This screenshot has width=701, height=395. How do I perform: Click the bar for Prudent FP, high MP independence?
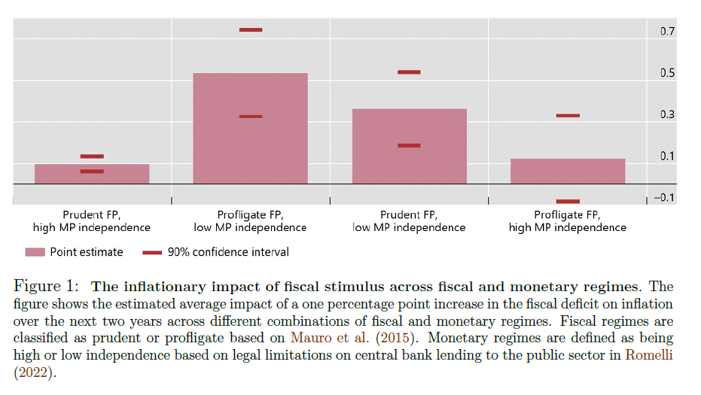pyautogui.click(x=92, y=174)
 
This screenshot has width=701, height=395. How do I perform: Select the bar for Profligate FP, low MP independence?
pyautogui.click(x=251, y=128)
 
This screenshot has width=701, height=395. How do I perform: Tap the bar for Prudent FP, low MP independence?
pyautogui.click(x=410, y=146)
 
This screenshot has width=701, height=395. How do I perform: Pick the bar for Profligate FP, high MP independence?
pyautogui.click(x=568, y=171)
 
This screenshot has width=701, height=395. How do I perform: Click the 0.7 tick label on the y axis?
pyautogui.click(x=667, y=32)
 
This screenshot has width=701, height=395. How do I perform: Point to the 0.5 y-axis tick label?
pyautogui.click(x=667, y=74)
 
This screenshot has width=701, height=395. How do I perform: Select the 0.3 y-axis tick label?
pyautogui.click(x=667, y=115)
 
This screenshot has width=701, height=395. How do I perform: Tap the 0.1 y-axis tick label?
pyautogui.click(x=667, y=156)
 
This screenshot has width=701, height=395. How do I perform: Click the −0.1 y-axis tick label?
pyautogui.click(x=664, y=198)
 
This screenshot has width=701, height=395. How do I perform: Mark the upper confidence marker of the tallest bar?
pyautogui.click(x=251, y=30)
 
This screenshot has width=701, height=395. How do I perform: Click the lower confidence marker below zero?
pyautogui.click(x=568, y=202)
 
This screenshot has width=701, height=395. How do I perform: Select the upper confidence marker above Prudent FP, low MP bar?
pyautogui.click(x=410, y=72)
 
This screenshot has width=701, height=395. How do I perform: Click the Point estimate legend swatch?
pyautogui.click(x=35, y=253)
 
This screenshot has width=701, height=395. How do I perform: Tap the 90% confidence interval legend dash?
pyautogui.click(x=152, y=253)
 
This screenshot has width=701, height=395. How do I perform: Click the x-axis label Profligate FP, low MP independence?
pyautogui.click(x=251, y=221)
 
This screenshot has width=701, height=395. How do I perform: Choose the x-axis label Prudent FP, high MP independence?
pyautogui.click(x=92, y=221)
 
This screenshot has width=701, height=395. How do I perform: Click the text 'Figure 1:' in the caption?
pyautogui.click(x=47, y=287)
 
